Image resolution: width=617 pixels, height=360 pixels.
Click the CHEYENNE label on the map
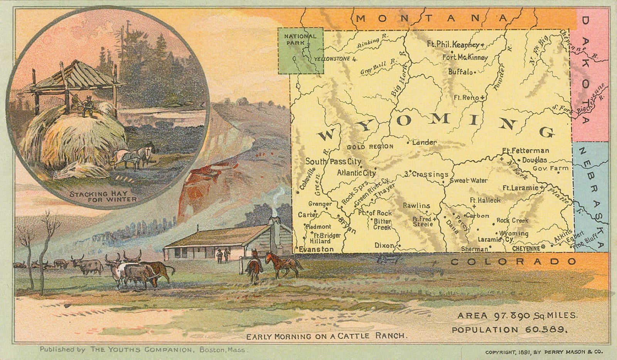pyautogui.click(x=526, y=249)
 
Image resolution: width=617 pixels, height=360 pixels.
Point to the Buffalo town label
pyautogui.click(x=460, y=72)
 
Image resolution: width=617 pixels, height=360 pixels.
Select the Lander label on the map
pyautogui.click(x=424, y=142)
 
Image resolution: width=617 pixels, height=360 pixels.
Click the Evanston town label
pyautogui.click(x=316, y=249)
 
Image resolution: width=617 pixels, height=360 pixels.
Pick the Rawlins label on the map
pyautogui.click(x=416, y=206)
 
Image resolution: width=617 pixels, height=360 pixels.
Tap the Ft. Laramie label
pyautogui.click(x=520, y=188)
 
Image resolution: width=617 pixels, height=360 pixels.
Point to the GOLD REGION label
pyautogui.click(x=370, y=147)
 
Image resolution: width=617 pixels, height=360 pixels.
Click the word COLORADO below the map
pyautogui.click(x=513, y=262)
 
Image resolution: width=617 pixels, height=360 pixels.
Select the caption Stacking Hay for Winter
pyautogui.click(x=103, y=196)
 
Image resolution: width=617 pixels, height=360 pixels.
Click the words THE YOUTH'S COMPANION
pyautogui.click(x=141, y=350)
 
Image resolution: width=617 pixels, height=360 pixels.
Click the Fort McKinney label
pyautogui.click(x=465, y=57)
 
